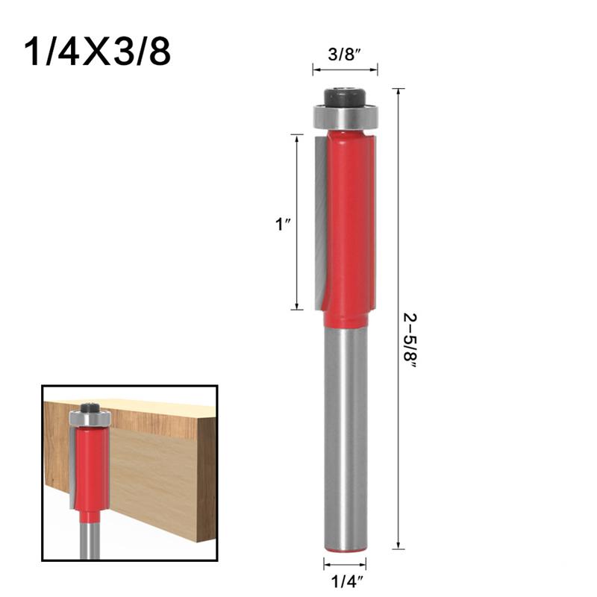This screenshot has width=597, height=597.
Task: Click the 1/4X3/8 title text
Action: [98, 51]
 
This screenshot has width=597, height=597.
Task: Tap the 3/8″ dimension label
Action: [345, 54]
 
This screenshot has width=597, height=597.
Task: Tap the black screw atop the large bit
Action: [345, 97]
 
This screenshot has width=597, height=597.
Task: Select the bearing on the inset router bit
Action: [90, 419]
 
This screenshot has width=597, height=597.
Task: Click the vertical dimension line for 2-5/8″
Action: [400, 224]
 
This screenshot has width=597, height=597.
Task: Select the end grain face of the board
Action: [206, 470]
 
